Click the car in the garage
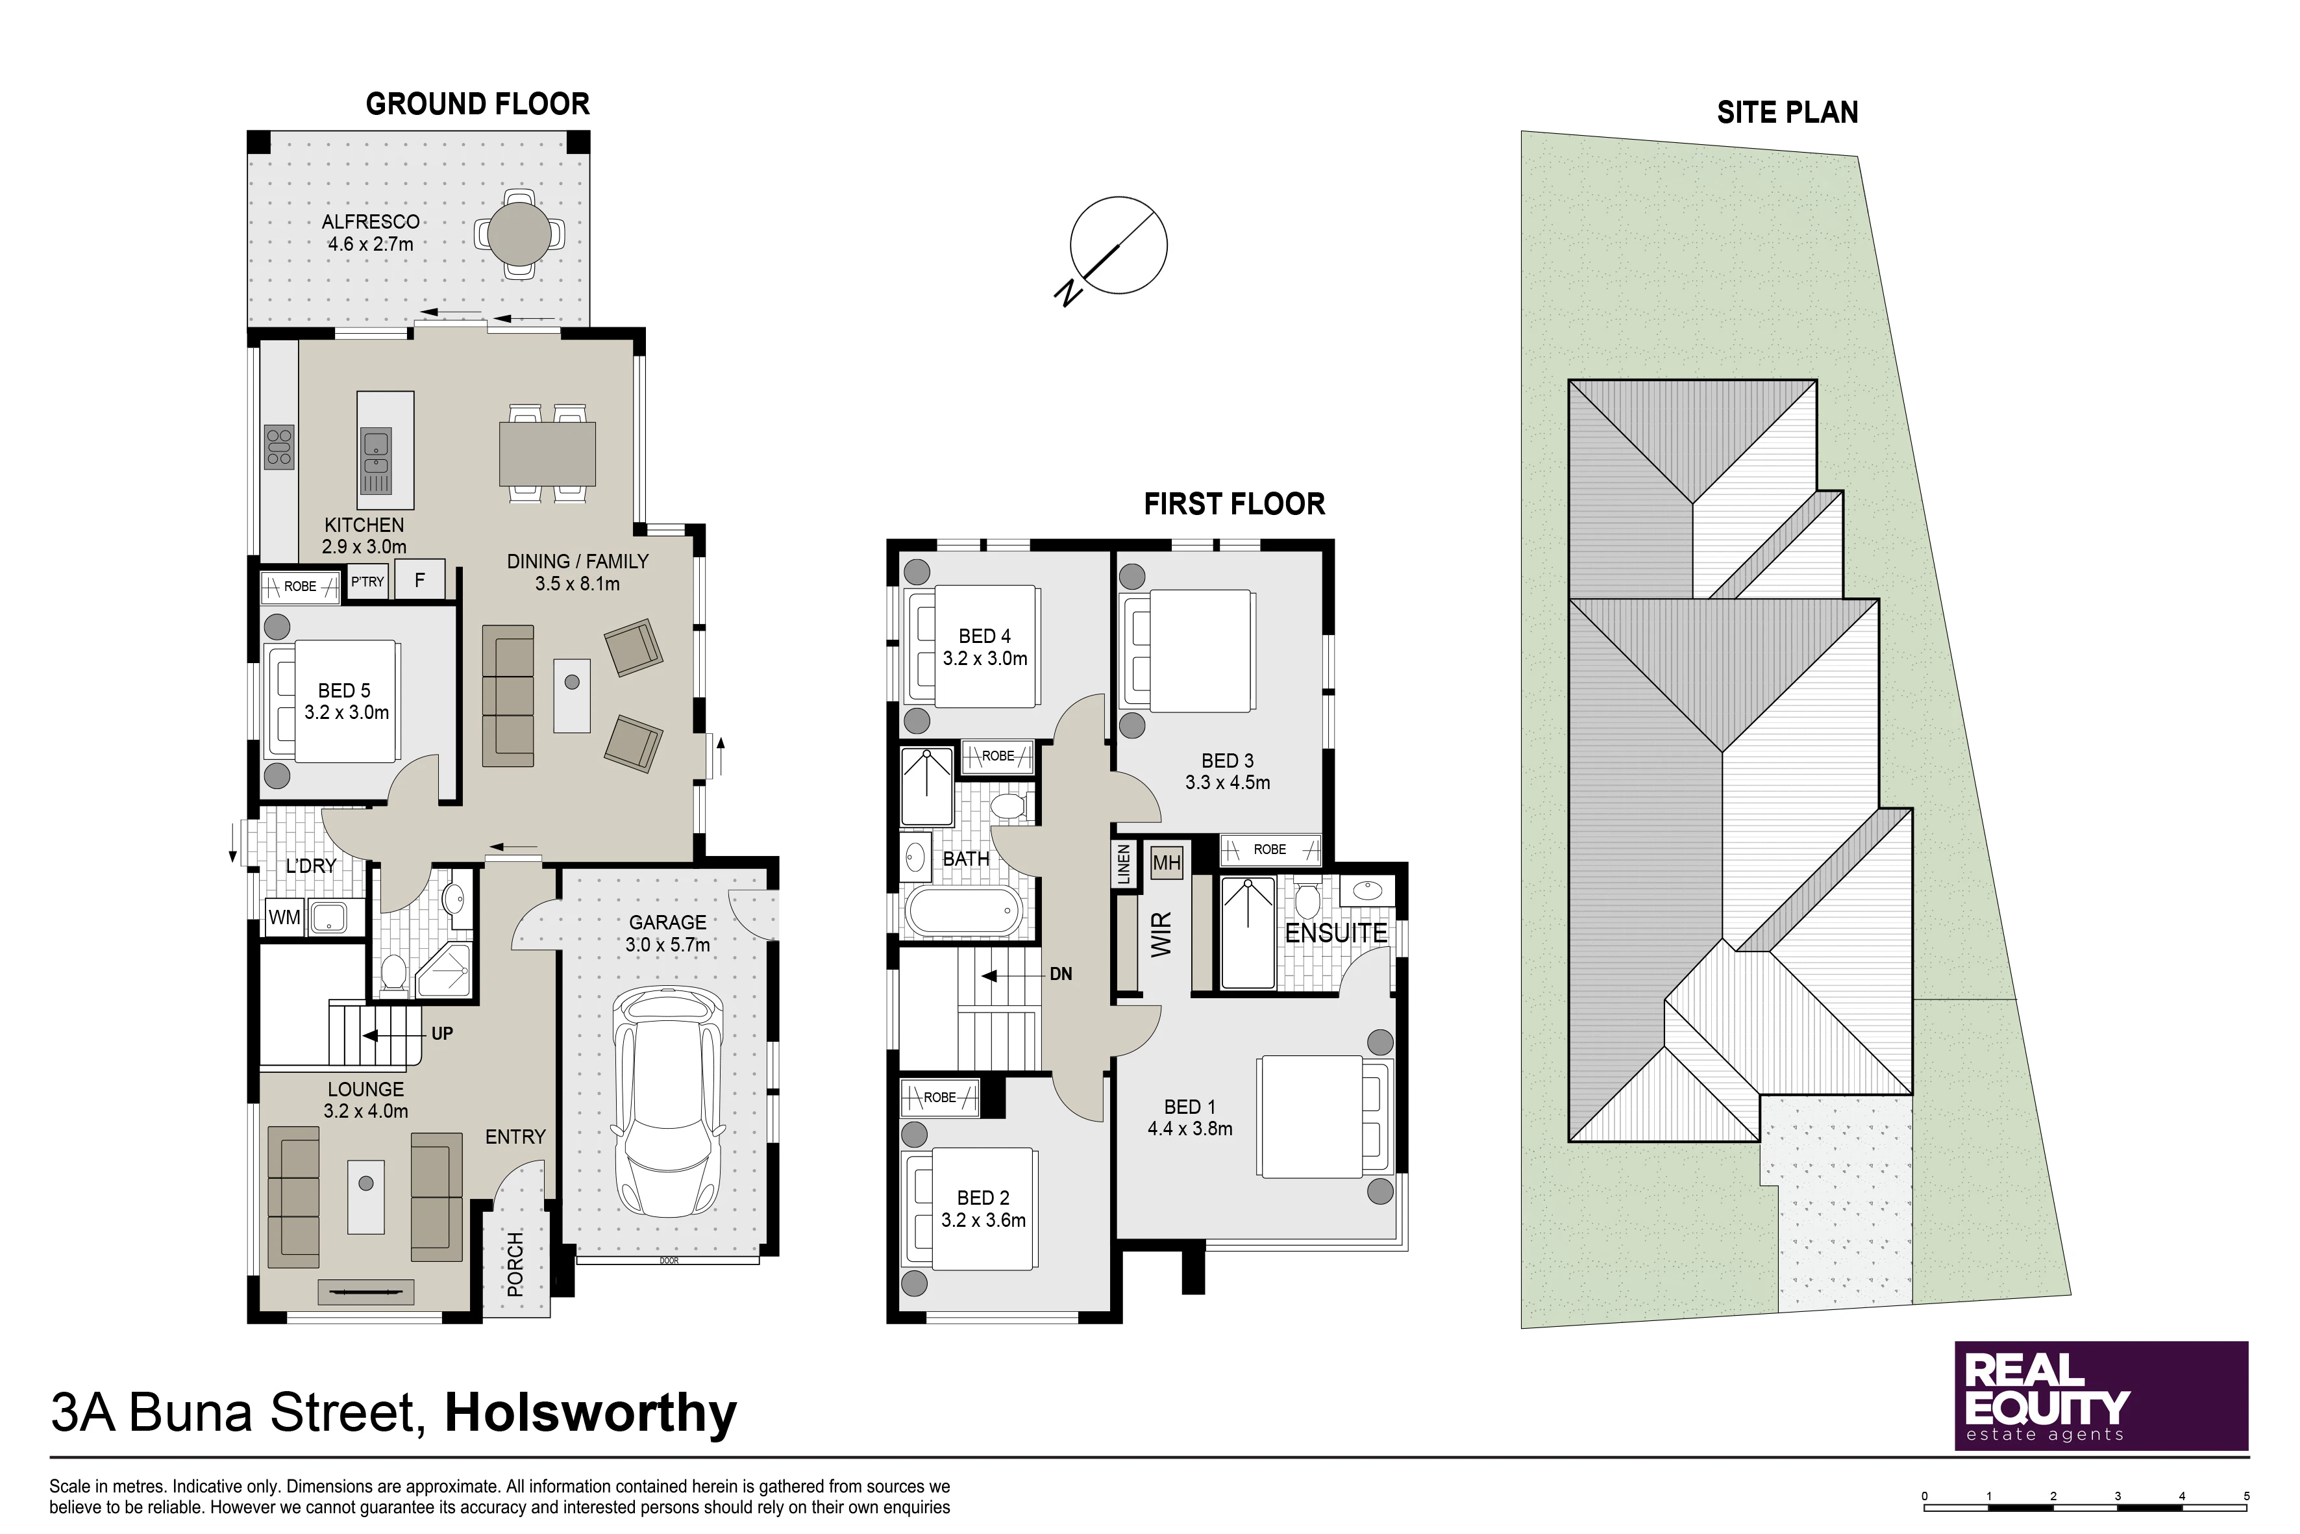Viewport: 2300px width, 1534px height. pos(669,1101)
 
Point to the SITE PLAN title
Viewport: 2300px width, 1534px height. pos(1788,112)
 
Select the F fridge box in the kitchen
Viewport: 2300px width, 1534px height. pos(419,579)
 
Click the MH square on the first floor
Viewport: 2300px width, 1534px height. pos(1167,863)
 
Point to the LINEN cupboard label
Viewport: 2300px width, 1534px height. pos(1124,866)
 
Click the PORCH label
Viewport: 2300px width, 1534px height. pos(515,1264)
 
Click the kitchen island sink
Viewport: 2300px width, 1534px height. pos(377,462)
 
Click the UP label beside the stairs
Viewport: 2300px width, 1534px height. pos(442,1034)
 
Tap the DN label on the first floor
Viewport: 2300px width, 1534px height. pos(1061,974)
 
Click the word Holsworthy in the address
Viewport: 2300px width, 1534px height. pos(591,1414)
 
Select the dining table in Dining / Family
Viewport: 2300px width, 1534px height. pos(548,453)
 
